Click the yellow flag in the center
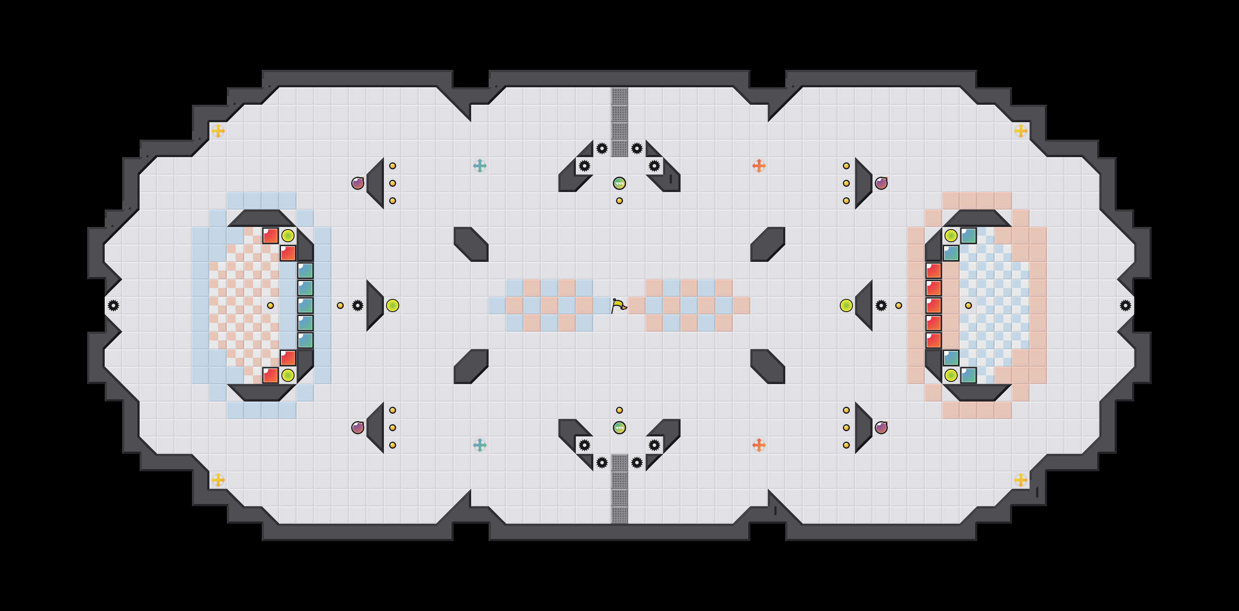pyautogui.click(x=619, y=305)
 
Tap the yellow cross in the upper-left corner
pyautogui.click(x=218, y=131)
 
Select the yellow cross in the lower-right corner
pyautogui.click(x=1020, y=480)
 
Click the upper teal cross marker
pyautogui.click(x=479, y=166)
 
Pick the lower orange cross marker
pyautogui.click(x=759, y=445)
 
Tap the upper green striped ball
pyautogui.click(x=619, y=183)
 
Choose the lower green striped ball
pyautogui.click(x=619, y=428)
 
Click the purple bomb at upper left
pyautogui.click(x=357, y=183)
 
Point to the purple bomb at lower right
pyautogui.click(x=881, y=428)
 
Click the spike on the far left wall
pyautogui.click(x=113, y=305)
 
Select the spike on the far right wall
pyautogui.click(x=1126, y=305)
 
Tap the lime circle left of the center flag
pyautogui.click(x=393, y=305)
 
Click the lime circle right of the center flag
pyautogui.click(x=846, y=305)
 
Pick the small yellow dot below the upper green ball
pyautogui.click(x=619, y=201)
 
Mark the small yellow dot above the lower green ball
pyautogui.click(x=619, y=410)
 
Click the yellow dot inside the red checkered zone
pyautogui.click(x=270, y=305)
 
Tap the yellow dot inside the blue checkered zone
pyautogui.click(x=968, y=305)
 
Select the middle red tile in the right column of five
pyautogui.click(x=934, y=305)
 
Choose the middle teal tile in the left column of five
pyautogui.click(x=305, y=305)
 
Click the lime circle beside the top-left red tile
pyautogui.click(x=288, y=236)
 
